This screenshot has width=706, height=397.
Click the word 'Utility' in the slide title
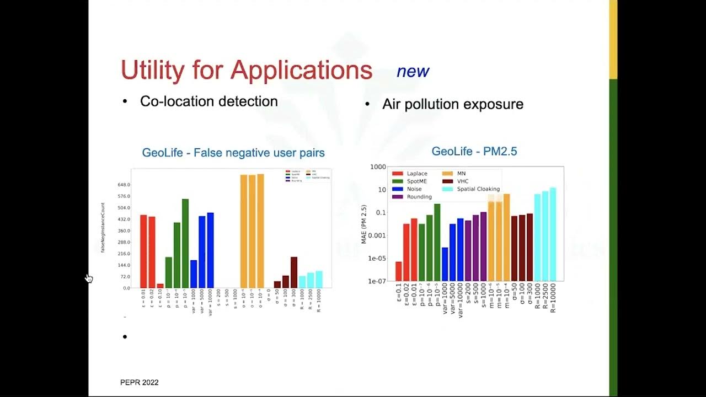[x=152, y=71]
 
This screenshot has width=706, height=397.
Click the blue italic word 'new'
[x=413, y=71]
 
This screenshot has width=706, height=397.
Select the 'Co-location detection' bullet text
[x=208, y=101]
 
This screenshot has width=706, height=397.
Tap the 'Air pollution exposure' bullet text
[x=452, y=104]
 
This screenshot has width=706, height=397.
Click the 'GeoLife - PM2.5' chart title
[x=474, y=151]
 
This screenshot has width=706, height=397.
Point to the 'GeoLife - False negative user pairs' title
[x=233, y=153]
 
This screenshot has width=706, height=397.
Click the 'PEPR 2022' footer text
[x=140, y=382]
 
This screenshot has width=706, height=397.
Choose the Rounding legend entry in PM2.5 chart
[x=419, y=197]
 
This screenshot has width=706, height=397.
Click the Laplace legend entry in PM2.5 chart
[x=417, y=174]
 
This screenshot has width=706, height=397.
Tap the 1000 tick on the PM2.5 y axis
[x=378, y=167]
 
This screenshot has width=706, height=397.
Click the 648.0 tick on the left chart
[x=123, y=185]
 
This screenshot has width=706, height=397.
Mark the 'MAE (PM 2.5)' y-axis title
[x=363, y=224]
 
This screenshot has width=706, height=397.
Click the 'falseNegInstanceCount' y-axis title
[x=103, y=228]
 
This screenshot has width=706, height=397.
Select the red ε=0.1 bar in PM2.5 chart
[x=399, y=271]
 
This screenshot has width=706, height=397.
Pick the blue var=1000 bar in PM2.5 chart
[x=445, y=264]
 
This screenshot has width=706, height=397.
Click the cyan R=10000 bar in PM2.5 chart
[x=553, y=234]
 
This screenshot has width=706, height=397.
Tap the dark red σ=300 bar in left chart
[x=294, y=272]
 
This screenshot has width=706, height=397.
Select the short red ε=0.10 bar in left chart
[x=160, y=286]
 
